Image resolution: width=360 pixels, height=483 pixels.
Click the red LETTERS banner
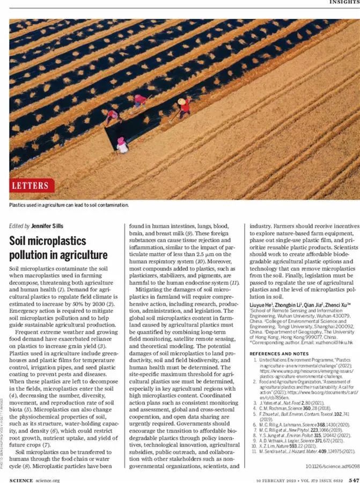(32, 186)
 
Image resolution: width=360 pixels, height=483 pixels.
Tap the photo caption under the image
(69, 204)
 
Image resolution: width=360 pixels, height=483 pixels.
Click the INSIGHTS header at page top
(344, 2)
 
